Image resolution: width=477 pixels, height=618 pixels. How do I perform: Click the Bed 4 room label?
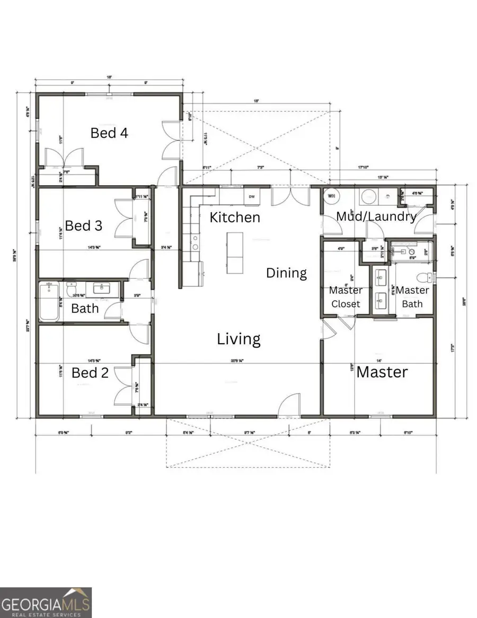109,133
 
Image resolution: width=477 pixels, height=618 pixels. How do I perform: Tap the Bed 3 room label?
83,225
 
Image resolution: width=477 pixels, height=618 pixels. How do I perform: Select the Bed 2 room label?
90,373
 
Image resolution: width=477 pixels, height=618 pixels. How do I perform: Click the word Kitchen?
235,217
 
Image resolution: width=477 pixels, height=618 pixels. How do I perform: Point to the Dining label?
286,273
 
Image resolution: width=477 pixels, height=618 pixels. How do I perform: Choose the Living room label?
238,339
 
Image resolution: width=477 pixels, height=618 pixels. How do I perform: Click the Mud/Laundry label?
376,216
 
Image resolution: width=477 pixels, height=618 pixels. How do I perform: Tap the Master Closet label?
346,297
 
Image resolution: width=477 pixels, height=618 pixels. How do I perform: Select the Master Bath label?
412,297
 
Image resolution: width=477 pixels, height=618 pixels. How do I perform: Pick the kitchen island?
234,253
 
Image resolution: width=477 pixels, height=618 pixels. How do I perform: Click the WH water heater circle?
332,196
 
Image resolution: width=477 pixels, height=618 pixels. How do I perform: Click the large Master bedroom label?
382,372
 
